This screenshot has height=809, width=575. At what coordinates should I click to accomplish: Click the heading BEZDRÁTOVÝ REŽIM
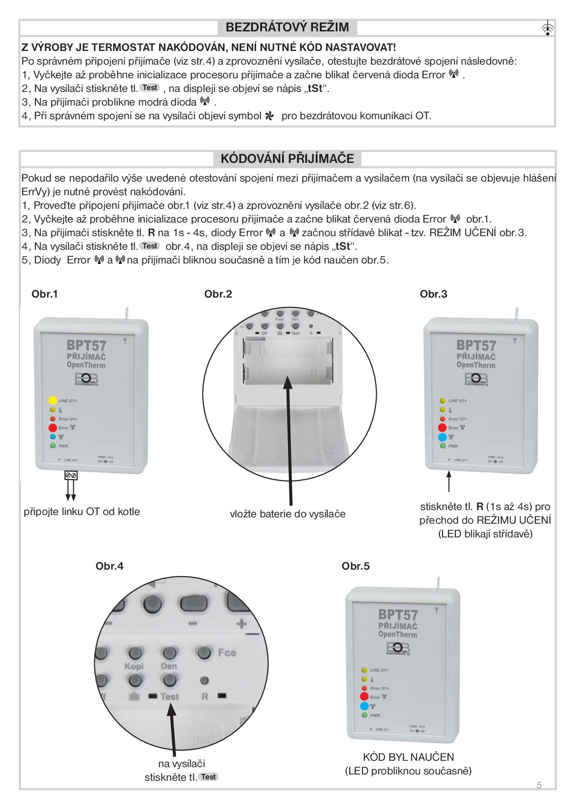pos(287,27)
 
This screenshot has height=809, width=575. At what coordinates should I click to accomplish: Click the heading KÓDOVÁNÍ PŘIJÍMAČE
pos(287,159)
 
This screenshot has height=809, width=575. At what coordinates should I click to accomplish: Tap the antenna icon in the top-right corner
pos(548,28)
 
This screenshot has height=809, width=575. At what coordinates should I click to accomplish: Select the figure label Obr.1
pos(45,294)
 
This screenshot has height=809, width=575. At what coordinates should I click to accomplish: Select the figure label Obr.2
pos(218,294)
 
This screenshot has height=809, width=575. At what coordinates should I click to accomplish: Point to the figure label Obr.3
pos(434,294)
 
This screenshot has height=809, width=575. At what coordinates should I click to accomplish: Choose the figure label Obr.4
pos(109,566)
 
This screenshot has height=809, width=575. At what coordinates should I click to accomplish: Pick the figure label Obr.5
pos(355,566)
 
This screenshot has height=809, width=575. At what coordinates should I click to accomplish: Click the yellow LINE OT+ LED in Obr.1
pos(52,400)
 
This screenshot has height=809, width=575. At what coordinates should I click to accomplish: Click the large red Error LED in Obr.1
pos(52,428)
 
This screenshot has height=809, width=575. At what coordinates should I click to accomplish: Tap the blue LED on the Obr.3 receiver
pos(442,437)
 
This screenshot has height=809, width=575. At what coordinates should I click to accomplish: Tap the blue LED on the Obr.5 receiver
pos(364,706)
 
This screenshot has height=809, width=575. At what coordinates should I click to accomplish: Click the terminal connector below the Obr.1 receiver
pos(71,475)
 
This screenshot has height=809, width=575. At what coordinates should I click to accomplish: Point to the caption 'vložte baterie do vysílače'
pos(287,514)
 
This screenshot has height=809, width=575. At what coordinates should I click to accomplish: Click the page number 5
pos(539,784)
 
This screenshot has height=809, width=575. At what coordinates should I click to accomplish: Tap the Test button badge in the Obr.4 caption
pos(208,777)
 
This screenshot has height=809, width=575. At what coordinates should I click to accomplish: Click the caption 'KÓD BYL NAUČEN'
pos(408,757)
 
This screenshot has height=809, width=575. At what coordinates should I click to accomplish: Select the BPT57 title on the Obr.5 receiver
pos(398,615)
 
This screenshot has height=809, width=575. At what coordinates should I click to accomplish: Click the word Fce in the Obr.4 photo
pos(227,652)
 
